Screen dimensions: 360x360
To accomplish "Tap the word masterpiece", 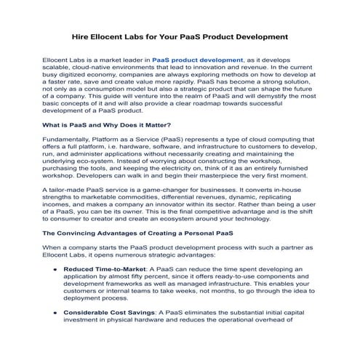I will (236, 177).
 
